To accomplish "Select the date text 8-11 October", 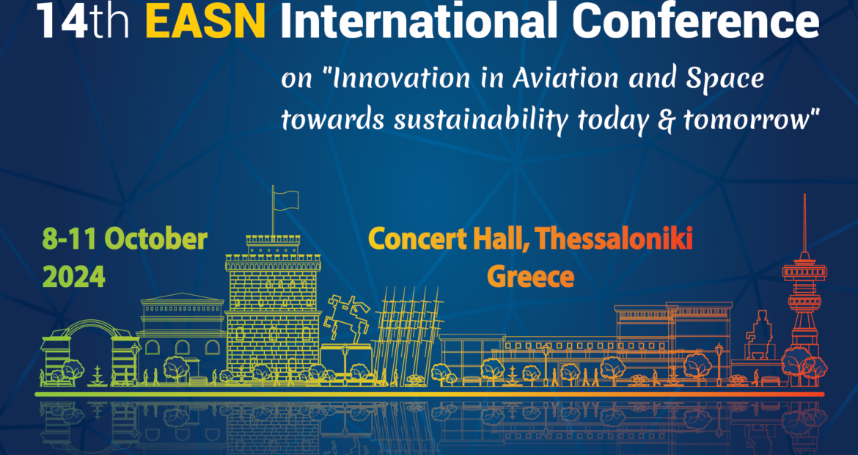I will coord(125,239).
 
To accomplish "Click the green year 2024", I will coord(74,277).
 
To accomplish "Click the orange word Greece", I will coord(530,277).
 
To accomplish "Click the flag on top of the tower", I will coord(286,197).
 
